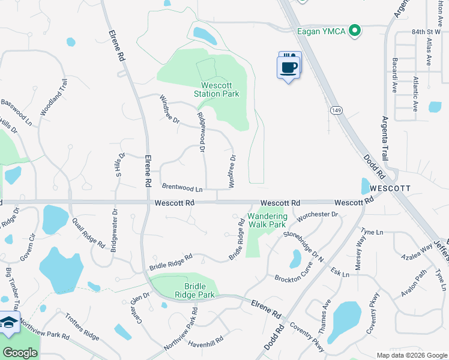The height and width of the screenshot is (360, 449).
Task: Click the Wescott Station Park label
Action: [217, 89]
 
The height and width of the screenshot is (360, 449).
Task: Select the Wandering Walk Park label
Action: [267, 220]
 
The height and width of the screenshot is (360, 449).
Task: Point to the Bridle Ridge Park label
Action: [194, 290]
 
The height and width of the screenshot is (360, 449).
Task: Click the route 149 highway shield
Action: [336, 110]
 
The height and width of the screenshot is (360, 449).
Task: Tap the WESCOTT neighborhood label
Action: [390, 188]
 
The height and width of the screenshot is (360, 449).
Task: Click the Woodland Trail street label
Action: [52, 98]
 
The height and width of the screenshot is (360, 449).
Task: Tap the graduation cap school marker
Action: [8, 323]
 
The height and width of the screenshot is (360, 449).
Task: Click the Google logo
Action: [20, 353]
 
